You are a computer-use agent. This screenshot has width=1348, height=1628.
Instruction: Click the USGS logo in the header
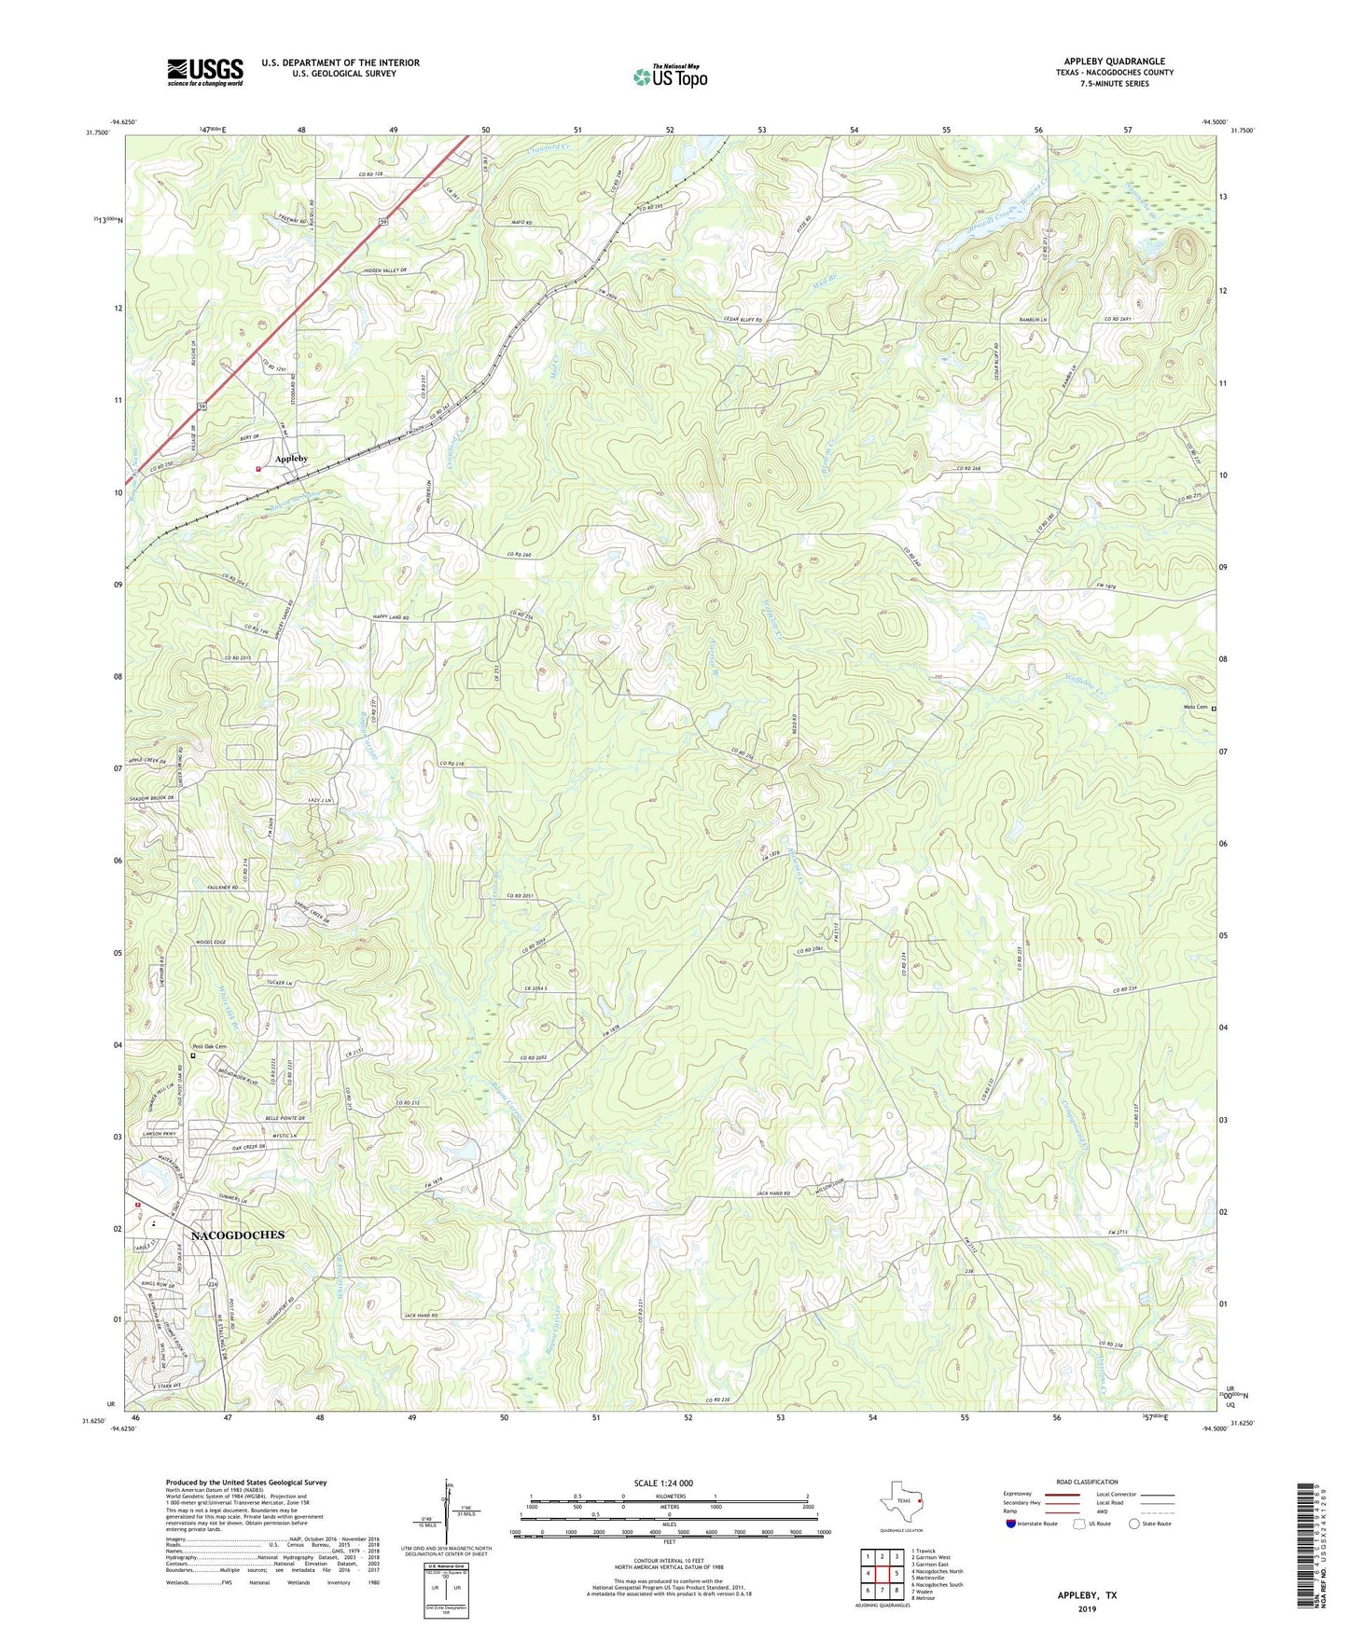tap(205, 72)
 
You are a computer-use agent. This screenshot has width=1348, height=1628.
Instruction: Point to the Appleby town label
tap(291, 459)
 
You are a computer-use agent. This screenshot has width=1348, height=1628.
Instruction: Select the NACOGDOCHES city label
tap(238, 1235)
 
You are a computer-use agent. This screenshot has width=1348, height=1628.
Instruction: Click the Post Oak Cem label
tap(209, 1046)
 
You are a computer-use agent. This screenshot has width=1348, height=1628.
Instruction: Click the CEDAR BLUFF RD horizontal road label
tap(743, 320)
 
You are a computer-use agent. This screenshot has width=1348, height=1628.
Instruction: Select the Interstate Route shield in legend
tap(1011, 1524)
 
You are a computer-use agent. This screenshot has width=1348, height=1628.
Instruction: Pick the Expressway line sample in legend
tap(1063, 1494)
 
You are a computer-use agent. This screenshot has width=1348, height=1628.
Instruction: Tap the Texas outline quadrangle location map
tap(900, 1501)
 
